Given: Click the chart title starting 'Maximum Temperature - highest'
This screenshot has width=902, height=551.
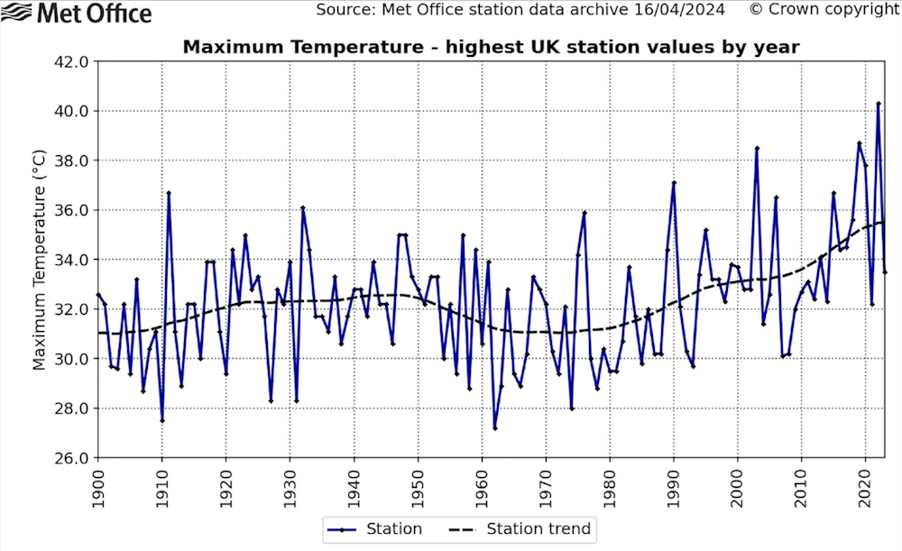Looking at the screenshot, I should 491,47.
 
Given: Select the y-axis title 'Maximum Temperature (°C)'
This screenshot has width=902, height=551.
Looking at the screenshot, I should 39,260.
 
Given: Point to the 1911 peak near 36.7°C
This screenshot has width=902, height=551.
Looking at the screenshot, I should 169,193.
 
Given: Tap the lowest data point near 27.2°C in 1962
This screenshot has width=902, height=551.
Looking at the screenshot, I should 494,427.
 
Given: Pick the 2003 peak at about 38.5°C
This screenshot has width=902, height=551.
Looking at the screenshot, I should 757,148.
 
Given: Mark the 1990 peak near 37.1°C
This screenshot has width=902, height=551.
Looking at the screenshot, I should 674,183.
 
